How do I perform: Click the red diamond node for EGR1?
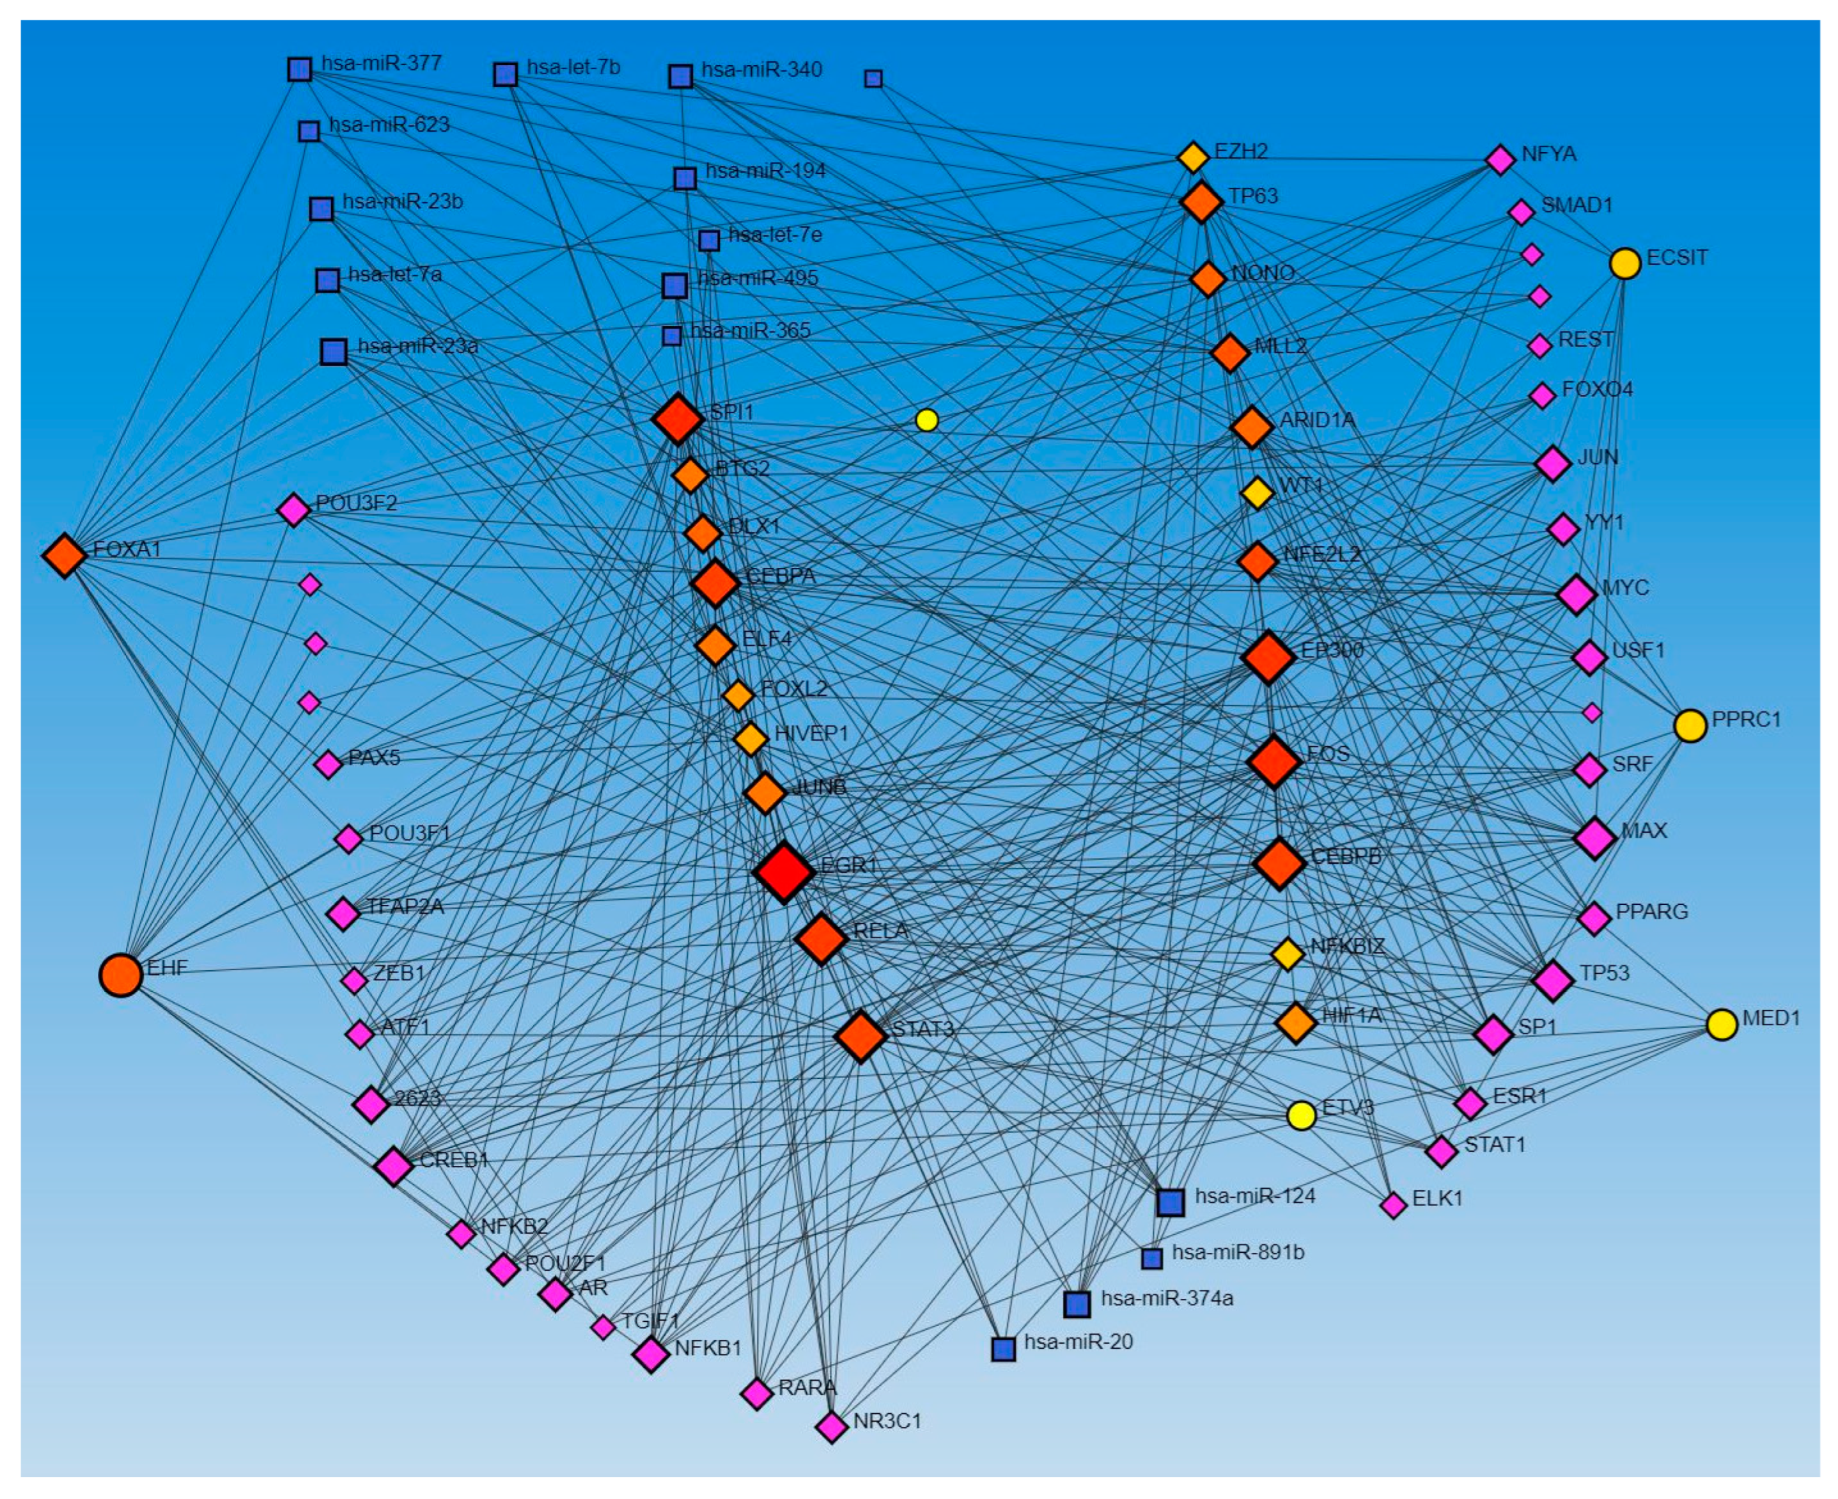783,872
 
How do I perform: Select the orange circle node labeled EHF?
121,975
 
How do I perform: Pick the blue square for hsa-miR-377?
300,69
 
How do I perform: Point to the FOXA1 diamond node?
65,555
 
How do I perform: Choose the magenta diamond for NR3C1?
831,1427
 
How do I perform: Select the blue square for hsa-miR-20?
1003,1349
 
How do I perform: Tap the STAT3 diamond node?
861,1036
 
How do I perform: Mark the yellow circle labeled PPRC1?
1690,725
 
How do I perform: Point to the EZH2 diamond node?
1193,157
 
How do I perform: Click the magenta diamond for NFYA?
1500,160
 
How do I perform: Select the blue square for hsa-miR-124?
1170,1202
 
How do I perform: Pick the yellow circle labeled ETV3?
1301,1115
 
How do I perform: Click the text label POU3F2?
357,503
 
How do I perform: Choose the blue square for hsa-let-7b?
506,74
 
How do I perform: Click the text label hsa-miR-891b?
1238,1252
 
